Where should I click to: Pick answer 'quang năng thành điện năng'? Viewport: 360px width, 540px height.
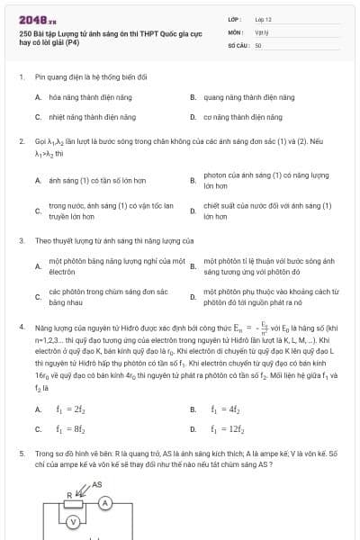tap(248, 96)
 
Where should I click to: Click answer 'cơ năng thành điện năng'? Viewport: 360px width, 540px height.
tap(243, 117)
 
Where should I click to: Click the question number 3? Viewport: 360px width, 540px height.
tap(22, 241)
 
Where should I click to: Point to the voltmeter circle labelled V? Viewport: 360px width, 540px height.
tap(76, 521)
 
